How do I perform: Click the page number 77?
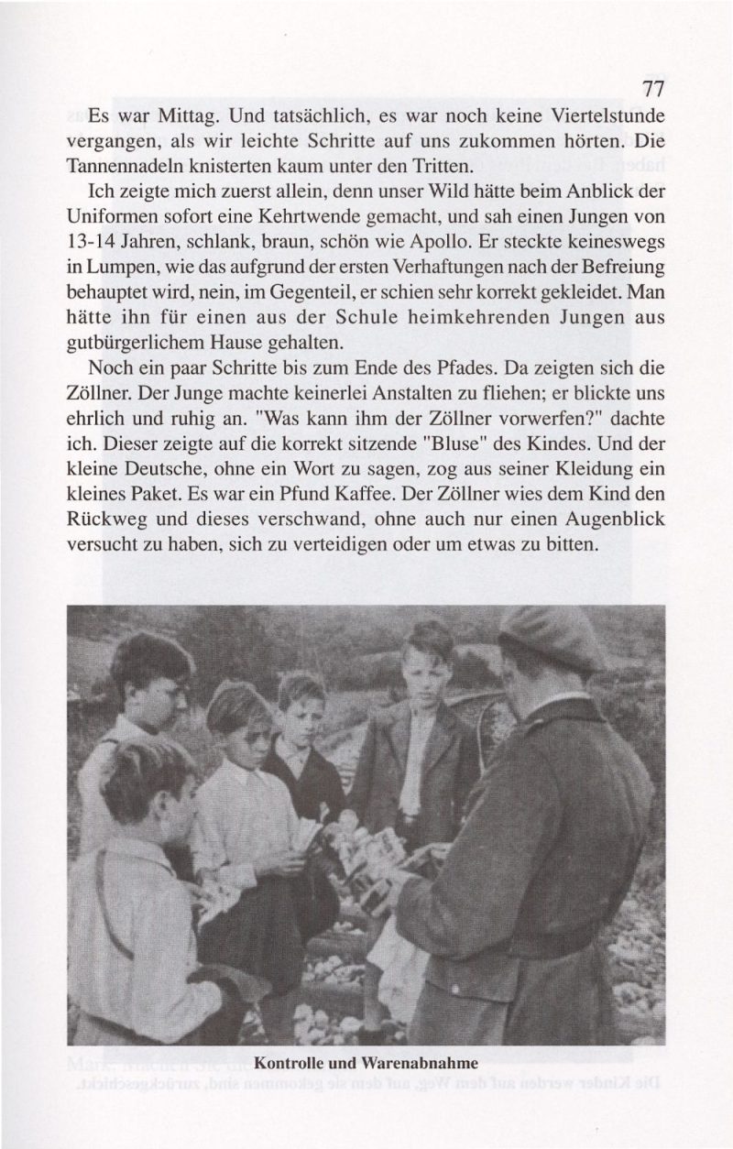[x=652, y=90]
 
